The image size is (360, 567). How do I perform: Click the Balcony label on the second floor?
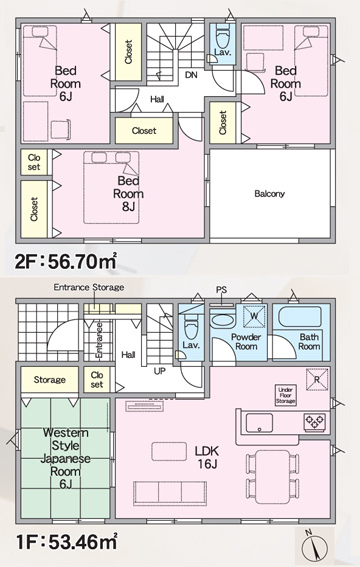click(x=270, y=194)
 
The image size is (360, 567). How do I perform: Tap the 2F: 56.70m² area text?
click(x=65, y=261)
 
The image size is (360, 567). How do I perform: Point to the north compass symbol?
click(x=314, y=546)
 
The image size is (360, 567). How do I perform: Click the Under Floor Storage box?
click(x=286, y=395)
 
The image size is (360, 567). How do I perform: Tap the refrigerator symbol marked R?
click(x=317, y=379)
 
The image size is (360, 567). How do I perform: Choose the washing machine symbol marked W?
click(x=254, y=316)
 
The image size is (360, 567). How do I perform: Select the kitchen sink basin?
click(x=259, y=423)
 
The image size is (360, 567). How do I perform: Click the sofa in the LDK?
click(x=170, y=493)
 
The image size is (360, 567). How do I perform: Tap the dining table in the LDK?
click(x=273, y=477)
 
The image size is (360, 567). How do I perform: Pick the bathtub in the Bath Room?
click(x=300, y=317)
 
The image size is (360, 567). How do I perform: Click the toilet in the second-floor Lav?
click(x=222, y=35)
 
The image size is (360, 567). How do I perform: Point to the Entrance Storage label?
click(x=89, y=287)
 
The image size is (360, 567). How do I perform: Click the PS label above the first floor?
click(x=221, y=290)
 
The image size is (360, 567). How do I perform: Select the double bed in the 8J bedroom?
click(x=111, y=187)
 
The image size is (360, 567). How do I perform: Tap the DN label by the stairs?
click(x=191, y=75)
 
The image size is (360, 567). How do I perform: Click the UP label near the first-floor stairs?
click(x=159, y=371)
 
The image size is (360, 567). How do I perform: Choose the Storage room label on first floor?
click(x=50, y=380)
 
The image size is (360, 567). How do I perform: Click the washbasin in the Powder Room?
click(x=223, y=321)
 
